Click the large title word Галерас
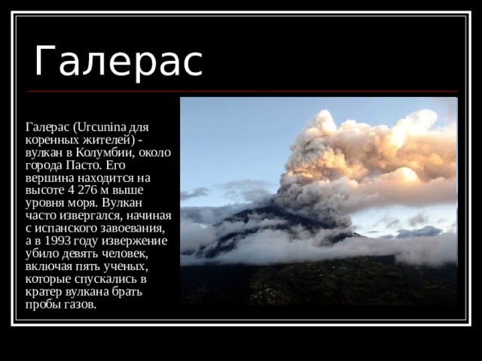119,60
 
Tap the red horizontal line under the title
243,91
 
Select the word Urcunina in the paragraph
101,127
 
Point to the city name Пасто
83,165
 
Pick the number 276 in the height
88,190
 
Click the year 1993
57,241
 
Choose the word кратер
44,292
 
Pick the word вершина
50,178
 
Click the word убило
42,254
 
